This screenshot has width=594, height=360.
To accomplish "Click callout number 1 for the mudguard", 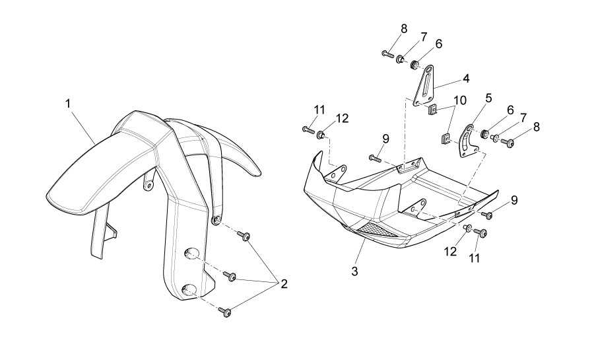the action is pos(68,104).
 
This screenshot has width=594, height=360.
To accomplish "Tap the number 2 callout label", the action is pos(284,284).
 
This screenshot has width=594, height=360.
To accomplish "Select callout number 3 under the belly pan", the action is pos(354,271).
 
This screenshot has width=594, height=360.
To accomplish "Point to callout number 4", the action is pos(466,79).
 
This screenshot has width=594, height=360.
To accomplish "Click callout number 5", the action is pos(488,98).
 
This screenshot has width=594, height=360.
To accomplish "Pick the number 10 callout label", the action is pos(460,100).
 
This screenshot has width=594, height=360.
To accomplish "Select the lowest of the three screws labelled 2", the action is pos(225,312).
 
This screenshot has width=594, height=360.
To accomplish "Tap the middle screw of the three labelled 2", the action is pos(230,277).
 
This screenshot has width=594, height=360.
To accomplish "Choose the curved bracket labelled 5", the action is pos(467,141).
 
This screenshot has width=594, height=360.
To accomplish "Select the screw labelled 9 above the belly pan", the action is pos(374,158).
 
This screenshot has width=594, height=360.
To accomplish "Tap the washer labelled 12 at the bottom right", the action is pos(468,228).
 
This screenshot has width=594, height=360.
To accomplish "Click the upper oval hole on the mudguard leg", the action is pos(191,254).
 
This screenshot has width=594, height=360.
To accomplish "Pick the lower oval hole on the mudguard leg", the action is pos(189,291).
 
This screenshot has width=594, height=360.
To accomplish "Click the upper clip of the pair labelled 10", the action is pos(432,109).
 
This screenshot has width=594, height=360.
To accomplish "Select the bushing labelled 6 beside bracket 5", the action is pos(484,134).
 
